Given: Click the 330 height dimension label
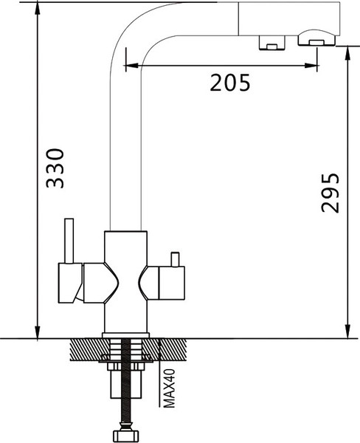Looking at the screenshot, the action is [x=55, y=168].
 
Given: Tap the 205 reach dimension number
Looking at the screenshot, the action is [x=230, y=83].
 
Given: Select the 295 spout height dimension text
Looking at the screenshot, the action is [x=330, y=193].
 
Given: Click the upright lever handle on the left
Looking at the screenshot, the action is [x=69, y=241].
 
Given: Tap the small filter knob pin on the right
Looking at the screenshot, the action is [x=175, y=259].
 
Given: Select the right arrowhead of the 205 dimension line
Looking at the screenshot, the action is [x=312, y=66].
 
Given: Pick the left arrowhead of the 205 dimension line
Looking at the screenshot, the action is [x=131, y=66].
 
